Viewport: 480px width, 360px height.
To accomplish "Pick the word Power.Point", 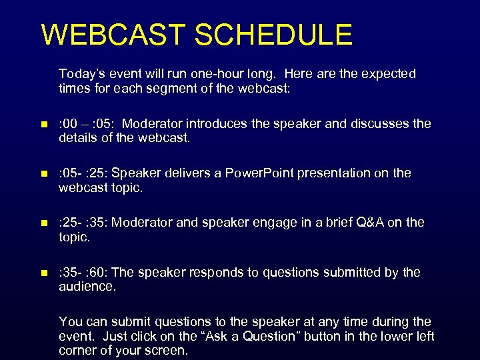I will (259, 173).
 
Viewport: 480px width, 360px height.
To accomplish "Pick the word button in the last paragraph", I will (324, 336).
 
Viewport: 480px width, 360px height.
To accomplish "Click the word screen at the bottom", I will (167, 351).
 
